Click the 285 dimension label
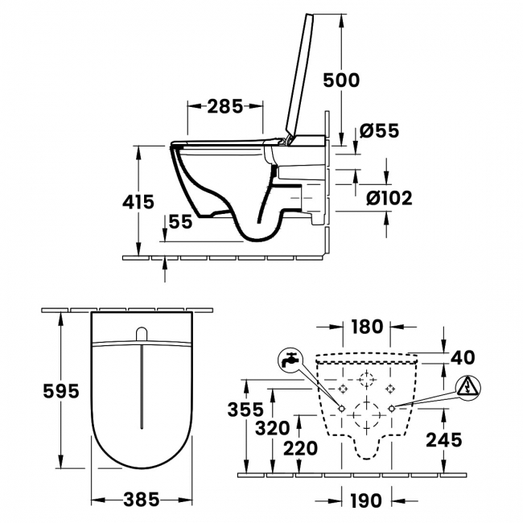click(224, 106)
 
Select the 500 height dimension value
click(340, 80)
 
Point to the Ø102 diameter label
click(385, 197)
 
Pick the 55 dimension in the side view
click(181, 222)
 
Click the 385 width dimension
click(142, 499)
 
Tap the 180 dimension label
click(366, 327)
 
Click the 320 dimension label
click(272, 428)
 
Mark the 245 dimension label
click(444, 439)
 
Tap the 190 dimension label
click(366, 500)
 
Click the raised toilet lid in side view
click(299, 76)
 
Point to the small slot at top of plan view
click(142, 334)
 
